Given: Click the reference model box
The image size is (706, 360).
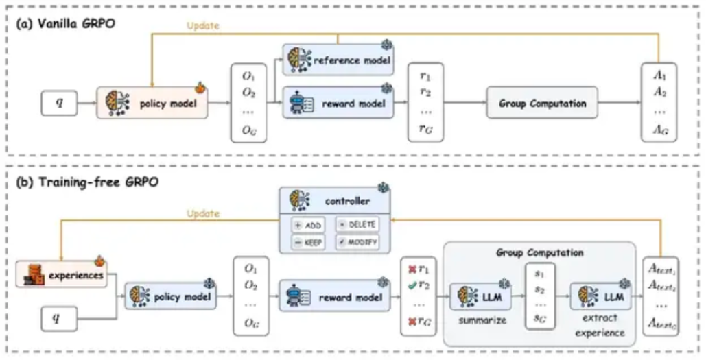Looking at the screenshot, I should (337, 60).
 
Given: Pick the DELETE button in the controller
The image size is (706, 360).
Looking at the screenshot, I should (357, 224).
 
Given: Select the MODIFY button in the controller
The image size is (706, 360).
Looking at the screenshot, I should (357, 241).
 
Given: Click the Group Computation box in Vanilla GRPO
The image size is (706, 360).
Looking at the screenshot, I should (542, 104).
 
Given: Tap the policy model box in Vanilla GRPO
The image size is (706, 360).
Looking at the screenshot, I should (151, 104).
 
